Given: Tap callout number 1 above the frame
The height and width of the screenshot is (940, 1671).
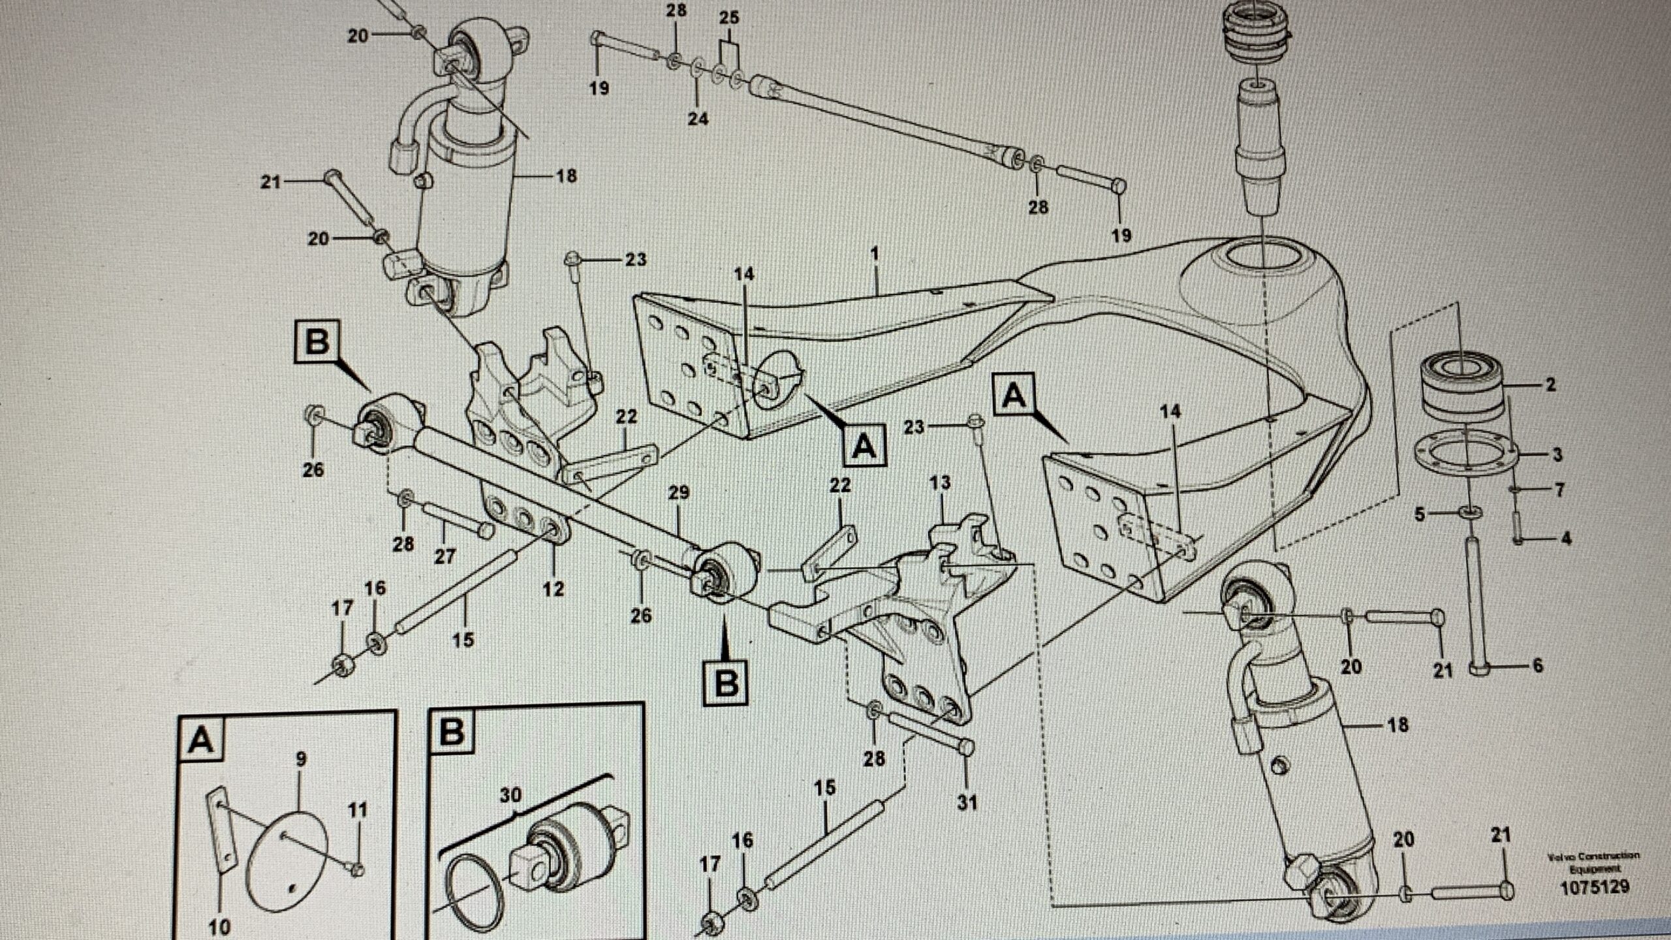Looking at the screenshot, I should [x=875, y=253].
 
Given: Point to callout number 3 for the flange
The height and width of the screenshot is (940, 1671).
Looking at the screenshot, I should [x=1557, y=454].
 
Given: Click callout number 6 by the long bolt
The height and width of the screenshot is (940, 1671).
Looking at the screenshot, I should [x=1537, y=666].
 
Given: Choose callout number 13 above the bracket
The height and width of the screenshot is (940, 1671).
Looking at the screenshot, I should [x=940, y=483].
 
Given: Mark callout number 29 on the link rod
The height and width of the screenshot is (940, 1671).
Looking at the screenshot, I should [x=679, y=493].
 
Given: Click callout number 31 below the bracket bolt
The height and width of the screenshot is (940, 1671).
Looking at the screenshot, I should [x=967, y=802].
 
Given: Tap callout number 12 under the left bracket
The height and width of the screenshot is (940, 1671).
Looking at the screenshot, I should [x=553, y=589].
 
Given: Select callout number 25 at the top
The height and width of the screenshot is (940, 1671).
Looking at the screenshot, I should [x=728, y=18].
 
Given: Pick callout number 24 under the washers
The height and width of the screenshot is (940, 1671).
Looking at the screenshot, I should [x=697, y=119].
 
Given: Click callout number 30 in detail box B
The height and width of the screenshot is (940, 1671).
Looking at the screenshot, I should [x=511, y=795].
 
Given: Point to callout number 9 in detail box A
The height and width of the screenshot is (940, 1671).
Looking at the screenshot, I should [x=300, y=759].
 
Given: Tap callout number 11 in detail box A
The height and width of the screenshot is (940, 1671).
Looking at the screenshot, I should [x=357, y=810].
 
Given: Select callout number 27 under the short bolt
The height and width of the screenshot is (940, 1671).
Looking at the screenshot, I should [x=445, y=556].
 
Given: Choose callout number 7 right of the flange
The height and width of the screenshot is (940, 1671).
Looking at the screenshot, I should [x=1559, y=489].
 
